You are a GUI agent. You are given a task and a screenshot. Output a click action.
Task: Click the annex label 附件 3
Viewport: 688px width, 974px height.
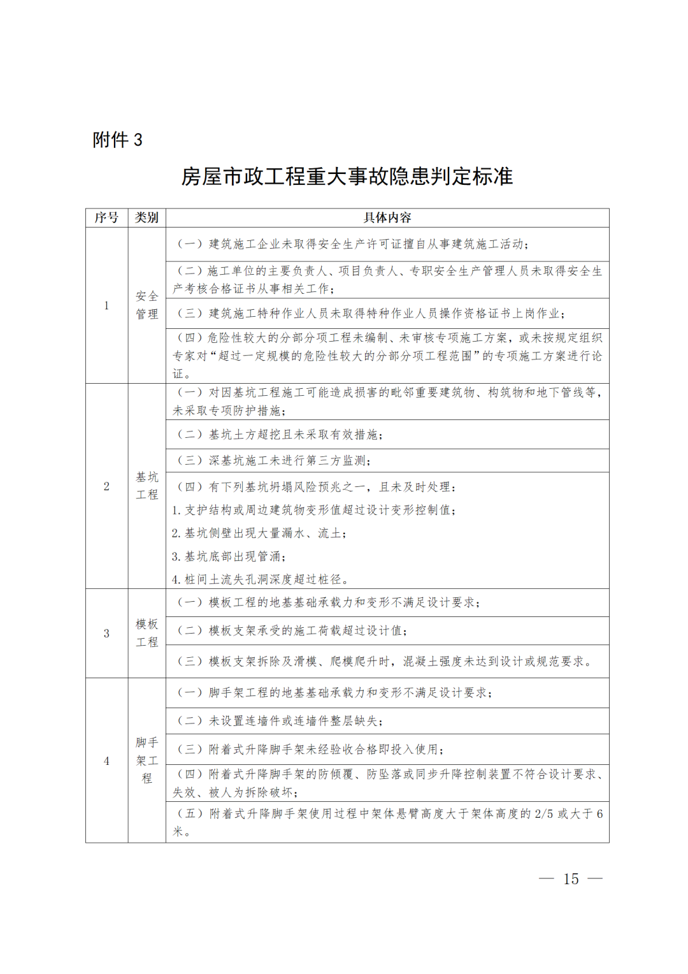click(117, 140)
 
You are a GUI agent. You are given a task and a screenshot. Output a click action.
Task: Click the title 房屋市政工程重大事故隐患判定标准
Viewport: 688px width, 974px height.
click(347, 176)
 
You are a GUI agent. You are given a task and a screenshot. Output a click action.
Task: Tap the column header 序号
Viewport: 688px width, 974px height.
click(106, 218)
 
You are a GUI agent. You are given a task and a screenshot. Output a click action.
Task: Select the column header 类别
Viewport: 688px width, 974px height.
click(147, 218)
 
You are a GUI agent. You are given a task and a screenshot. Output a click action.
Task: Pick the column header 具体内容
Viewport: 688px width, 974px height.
click(387, 218)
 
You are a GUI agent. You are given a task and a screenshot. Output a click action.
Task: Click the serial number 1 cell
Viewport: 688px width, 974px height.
click(106, 305)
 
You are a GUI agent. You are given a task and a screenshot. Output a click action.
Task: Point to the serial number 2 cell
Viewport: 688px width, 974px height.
click(106, 486)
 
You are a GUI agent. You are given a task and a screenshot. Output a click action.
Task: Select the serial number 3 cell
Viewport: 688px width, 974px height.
click(106, 633)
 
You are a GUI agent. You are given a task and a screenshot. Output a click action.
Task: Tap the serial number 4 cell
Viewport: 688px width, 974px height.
click(106, 760)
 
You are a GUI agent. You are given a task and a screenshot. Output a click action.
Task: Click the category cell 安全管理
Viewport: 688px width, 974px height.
click(147, 305)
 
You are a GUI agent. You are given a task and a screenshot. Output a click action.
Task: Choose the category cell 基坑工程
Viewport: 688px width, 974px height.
click(147, 486)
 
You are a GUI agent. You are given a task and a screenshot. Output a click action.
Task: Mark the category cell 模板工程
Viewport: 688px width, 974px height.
click(147, 633)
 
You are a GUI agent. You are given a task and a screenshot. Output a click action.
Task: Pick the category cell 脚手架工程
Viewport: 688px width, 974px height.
click(147, 760)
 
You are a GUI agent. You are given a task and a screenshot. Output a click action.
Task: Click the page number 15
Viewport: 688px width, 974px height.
click(571, 879)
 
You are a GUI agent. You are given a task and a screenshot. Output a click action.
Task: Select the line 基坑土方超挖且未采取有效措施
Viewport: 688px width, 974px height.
click(280, 435)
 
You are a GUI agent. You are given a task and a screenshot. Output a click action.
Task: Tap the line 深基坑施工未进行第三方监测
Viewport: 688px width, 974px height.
click(274, 460)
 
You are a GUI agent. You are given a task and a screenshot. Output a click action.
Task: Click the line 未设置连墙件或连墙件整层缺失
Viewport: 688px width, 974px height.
click(280, 721)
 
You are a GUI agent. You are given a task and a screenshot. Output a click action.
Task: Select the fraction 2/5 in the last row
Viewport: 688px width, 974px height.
click(543, 814)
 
